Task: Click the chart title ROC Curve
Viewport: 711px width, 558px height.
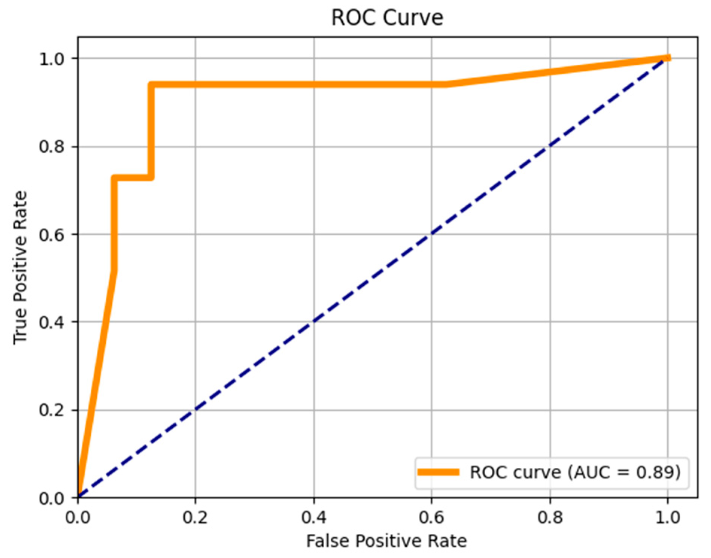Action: (x=387, y=18)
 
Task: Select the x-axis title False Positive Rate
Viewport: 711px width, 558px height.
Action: (x=386, y=541)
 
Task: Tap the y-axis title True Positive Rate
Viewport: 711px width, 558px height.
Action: (x=20, y=267)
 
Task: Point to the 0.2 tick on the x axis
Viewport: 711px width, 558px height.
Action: (x=195, y=517)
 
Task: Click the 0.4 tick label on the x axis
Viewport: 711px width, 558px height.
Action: (x=314, y=517)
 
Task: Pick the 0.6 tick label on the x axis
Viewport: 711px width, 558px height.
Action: (x=431, y=517)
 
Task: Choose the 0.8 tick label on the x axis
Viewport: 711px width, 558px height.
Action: (x=550, y=517)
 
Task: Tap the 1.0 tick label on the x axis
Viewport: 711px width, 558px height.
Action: (x=668, y=517)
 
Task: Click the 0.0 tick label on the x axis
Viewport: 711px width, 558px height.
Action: (x=78, y=517)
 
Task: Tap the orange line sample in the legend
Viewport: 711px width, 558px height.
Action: (x=438, y=472)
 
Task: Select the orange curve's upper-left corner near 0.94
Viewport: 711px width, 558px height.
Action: (x=151, y=85)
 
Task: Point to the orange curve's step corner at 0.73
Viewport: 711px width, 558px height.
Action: (x=114, y=177)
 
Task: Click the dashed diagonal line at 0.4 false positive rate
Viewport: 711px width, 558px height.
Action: (x=314, y=322)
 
